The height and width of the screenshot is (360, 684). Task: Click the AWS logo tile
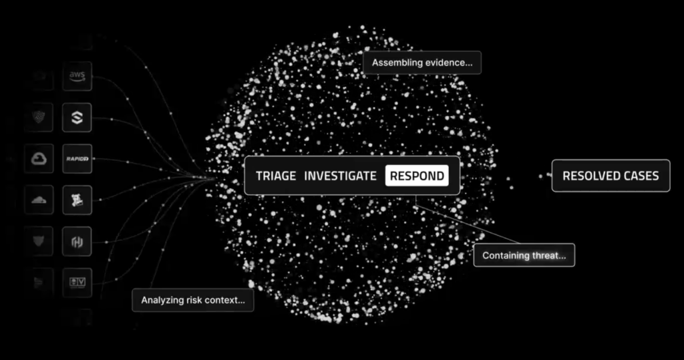77,76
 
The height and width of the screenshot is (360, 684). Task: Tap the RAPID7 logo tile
77,159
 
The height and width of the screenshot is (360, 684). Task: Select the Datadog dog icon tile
77,200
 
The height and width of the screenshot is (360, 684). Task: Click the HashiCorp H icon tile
77,241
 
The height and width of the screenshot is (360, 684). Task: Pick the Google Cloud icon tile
39,159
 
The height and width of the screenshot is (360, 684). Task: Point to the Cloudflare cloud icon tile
39,200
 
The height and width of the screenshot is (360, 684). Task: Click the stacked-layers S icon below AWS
77,118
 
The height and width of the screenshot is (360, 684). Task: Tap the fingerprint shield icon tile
39,118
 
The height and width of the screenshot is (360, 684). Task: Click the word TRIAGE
276,176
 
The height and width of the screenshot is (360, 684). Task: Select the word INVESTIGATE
340,176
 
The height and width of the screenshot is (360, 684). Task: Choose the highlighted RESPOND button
417,176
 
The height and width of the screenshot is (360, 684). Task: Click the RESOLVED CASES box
611,176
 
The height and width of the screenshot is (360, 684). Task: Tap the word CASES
639,176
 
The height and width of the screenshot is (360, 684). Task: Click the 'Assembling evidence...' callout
422,63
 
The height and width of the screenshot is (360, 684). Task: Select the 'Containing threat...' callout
524,255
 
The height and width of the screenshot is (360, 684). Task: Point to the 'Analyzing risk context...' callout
193,300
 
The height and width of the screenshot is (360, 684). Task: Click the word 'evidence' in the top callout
444,63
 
